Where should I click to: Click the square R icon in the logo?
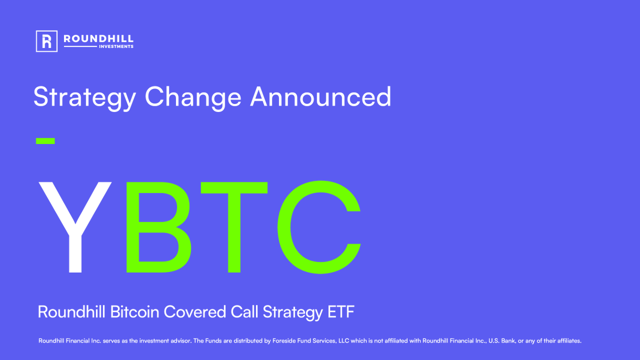click(46, 41)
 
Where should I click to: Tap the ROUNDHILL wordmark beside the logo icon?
click(98, 38)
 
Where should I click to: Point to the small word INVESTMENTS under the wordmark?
click(116, 47)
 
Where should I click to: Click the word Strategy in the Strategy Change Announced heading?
click(85, 98)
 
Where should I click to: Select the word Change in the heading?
click(193, 98)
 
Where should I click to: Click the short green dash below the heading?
click(45, 141)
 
